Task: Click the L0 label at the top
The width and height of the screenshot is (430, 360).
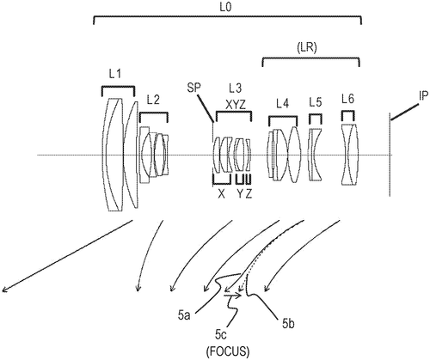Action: (x=224, y=7)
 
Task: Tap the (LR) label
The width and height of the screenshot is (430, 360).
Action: (x=307, y=48)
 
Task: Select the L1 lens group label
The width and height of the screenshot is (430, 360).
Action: (x=115, y=75)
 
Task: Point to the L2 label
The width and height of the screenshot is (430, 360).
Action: (x=153, y=101)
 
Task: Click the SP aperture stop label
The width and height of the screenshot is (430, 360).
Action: (x=193, y=88)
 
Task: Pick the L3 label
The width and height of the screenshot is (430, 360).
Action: (x=235, y=88)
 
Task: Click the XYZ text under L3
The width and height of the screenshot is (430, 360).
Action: (x=236, y=106)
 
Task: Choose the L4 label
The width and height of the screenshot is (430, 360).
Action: (x=282, y=104)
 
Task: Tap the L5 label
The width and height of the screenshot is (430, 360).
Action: (x=316, y=102)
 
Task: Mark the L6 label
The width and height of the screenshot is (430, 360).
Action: (x=348, y=99)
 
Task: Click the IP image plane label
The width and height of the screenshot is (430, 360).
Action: (x=424, y=96)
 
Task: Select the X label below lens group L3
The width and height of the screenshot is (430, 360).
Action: (x=221, y=194)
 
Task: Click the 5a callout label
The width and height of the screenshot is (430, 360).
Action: (x=184, y=316)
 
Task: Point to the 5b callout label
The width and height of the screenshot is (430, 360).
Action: (x=289, y=324)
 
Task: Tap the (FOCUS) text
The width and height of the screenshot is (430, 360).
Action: (x=228, y=351)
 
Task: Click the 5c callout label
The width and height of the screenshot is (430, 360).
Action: (x=221, y=335)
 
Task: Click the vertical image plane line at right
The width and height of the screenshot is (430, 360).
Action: (x=390, y=155)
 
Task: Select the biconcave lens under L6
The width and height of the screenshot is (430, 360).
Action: (x=349, y=155)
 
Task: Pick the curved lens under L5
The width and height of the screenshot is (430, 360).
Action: (x=315, y=155)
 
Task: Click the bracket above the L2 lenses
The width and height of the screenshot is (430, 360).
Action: (x=154, y=113)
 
